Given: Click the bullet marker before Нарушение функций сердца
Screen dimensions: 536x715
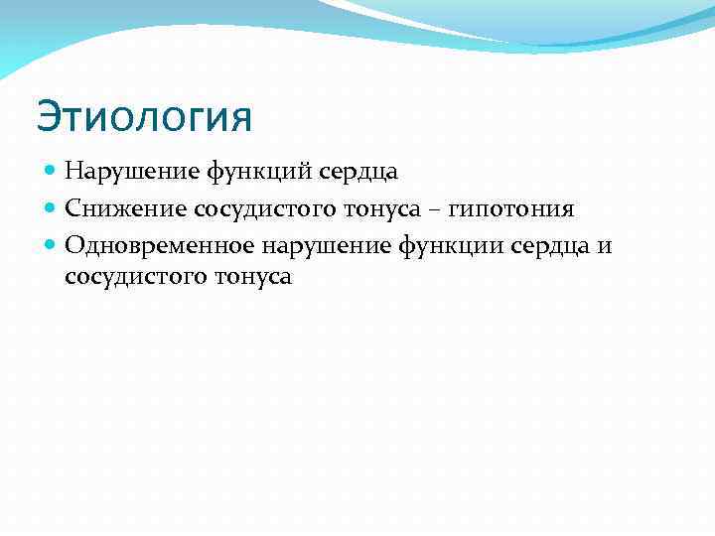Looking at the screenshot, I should point(51,172).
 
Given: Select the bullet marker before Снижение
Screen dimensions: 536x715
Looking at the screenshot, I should point(51,207).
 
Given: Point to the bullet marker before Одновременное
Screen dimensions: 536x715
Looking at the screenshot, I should point(51,243).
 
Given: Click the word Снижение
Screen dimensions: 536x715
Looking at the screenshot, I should point(126,207).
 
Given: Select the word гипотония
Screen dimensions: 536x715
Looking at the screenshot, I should point(514,207).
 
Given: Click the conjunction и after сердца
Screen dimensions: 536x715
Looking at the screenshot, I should point(606,243).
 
